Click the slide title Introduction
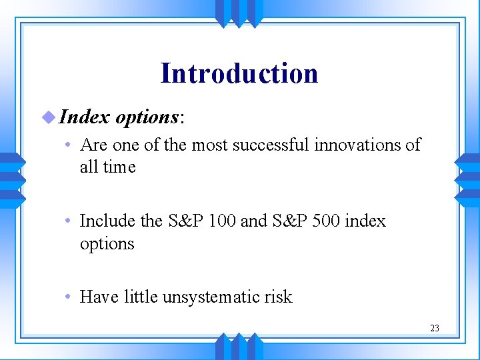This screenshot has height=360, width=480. (x=239, y=73)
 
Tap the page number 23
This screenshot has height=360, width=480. (x=435, y=328)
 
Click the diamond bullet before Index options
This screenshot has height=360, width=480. (x=47, y=117)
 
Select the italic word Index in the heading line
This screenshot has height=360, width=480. (x=84, y=117)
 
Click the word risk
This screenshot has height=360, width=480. (x=277, y=297)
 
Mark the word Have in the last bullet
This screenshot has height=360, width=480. (x=99, y=297)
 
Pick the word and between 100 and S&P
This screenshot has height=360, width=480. (x=253, y=221)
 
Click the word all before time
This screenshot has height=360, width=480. (x=88, y=167)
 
